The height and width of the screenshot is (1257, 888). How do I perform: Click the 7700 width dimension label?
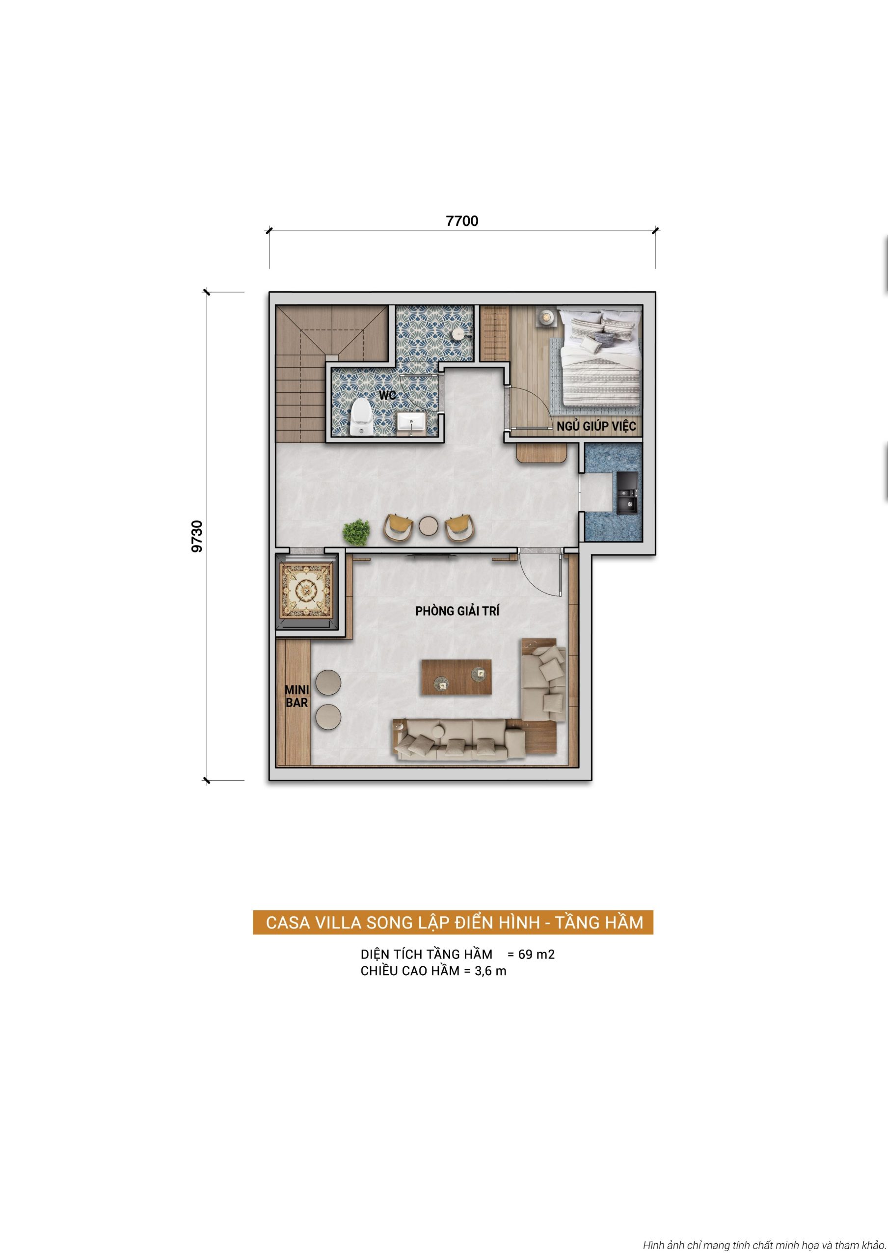[x=462, y=220]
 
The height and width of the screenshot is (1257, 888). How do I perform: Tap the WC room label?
[x=388, y=395]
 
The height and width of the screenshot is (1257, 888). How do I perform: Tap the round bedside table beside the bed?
[x=545, y=317]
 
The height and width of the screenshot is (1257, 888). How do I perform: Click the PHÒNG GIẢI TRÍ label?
[x=457, y=611]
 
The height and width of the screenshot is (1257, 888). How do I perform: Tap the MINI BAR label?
[x=296, y=696]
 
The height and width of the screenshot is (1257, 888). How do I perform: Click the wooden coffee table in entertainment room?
[x=456, y=677]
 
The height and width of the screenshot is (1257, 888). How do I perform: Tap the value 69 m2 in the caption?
[x=536, y=954]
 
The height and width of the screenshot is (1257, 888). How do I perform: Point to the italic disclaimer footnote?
[x=764, y=1245]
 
